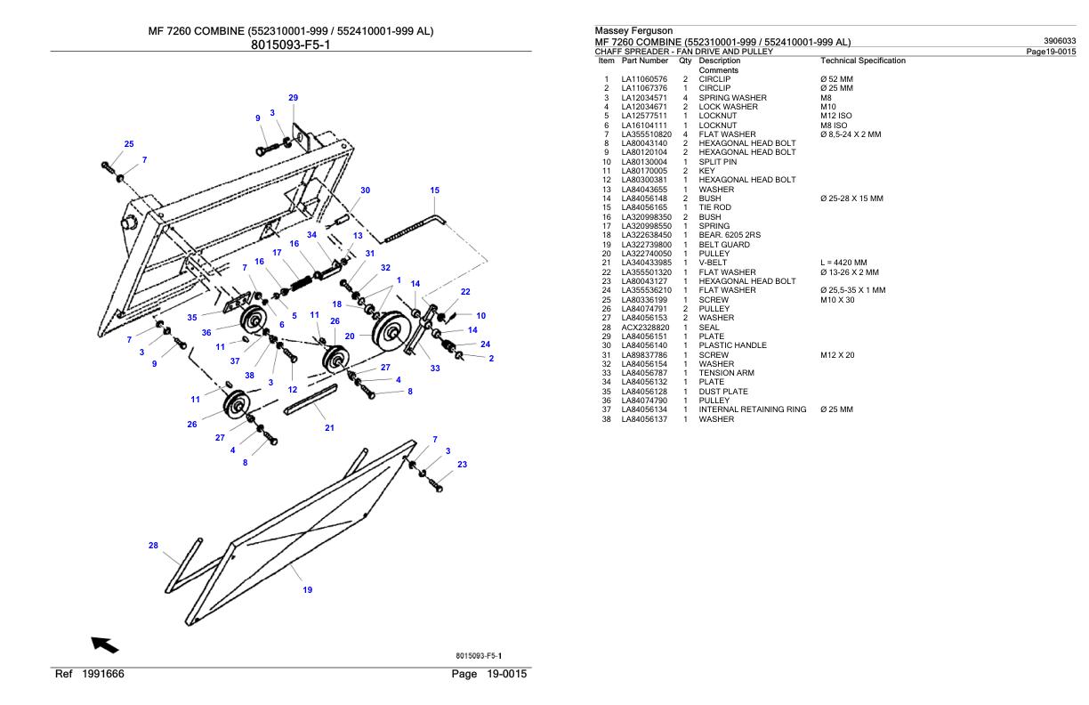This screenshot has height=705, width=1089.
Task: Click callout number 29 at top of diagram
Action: coord(293,97)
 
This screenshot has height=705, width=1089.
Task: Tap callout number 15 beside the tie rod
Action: coord(434,190)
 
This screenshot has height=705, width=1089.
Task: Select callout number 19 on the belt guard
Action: coord(308,589)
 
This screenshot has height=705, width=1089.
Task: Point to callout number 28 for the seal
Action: coord(153,546)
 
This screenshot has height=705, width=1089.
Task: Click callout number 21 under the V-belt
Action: coord(329,428)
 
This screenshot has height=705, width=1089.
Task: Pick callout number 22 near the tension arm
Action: coord(465,291)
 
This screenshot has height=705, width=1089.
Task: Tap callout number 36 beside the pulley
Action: coord(206,332)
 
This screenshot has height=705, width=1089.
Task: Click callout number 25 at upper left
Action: coord(129,144)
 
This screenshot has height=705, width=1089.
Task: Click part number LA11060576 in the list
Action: coord(644,79)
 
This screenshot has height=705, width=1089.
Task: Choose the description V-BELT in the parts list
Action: coord(714,263)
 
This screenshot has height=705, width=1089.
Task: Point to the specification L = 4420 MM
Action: coord(843,263)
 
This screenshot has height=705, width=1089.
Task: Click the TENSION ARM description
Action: coord(727,373)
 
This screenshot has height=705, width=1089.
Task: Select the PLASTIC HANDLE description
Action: coord(732,345)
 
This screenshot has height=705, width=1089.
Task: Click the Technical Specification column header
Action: coord(862,61)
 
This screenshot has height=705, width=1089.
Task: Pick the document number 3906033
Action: coord(1060,41)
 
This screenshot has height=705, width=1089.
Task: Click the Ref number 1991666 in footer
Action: coord(102,674)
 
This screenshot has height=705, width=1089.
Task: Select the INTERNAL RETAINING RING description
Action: coord(752,409)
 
